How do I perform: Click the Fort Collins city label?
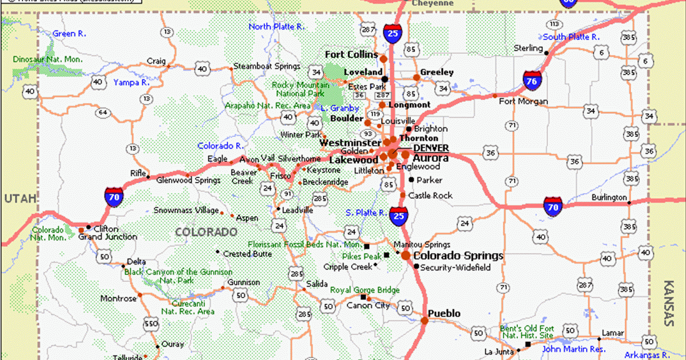351,55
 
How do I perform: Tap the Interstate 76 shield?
532,81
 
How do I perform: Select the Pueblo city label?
444,314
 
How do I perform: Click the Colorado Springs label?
458,256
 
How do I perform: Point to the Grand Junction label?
107,237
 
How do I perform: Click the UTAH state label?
19,199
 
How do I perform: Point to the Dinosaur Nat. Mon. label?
47,59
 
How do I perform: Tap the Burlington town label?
609,197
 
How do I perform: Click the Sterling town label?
528,48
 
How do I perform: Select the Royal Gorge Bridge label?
364,290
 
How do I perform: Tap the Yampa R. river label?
131,82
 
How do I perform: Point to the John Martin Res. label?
573,349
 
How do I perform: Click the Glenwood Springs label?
188,181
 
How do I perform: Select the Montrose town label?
118,299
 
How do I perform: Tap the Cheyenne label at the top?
432,3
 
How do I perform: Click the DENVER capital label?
431,148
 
